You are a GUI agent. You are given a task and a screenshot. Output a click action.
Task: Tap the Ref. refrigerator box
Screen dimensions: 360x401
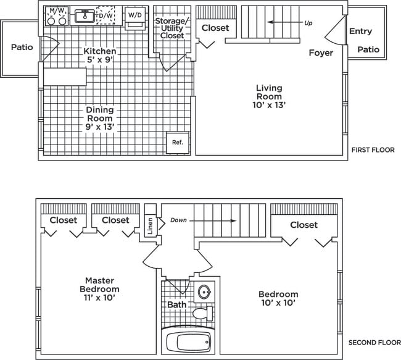pyautogui.click(x=178, y=143)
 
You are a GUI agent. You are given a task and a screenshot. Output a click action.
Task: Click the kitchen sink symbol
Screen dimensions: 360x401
pyautogui.click(x=85, y=16)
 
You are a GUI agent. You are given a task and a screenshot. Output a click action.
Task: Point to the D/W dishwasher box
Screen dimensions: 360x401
pyautogui.click(x=106, y=15)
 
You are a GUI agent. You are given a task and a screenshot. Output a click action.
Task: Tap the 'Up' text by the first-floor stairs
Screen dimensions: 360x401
pyautogui.click(x=308, y=23)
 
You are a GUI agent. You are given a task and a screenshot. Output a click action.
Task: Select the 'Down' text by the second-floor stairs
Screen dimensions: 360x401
pyautogui.click(x=178, y=220)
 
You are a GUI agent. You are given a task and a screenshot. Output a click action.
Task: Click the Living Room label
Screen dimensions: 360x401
pyautogui.click(x=269, y=96)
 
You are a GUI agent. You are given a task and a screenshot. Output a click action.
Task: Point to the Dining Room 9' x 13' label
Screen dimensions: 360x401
pyautogui.click(x=100, y=118)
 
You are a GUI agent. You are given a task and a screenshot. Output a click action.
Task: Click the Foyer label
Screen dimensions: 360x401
pyautogui.click(x=321, y=53)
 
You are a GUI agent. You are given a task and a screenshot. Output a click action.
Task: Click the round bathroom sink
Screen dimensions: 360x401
pyautogui.click(x=205, y=292)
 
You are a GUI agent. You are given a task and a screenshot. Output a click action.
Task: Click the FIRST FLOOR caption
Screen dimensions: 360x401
pyautogui.click(x=373, y=150)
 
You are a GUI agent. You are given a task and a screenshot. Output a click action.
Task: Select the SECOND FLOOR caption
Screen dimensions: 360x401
pyautogui.click(x=370, y=343)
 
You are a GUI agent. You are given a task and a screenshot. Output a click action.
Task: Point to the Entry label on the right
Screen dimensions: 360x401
pyautogui.click(x=360, y=31)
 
